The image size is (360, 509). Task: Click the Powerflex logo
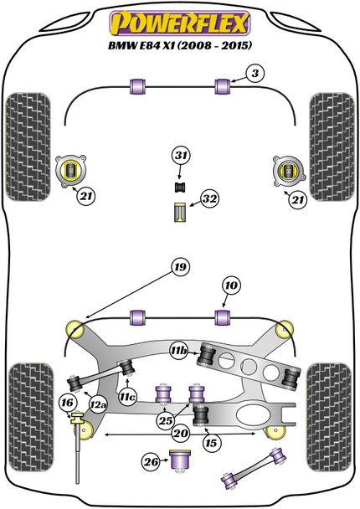180,18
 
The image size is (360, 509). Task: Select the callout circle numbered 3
256,74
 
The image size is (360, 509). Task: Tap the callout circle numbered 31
182,156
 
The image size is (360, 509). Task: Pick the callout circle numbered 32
209,199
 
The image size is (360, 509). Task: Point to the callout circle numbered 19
180,267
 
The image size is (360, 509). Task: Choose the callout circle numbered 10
231,286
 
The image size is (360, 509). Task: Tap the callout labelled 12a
98,405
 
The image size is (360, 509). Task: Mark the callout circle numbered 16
67,403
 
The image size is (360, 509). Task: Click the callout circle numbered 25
166,419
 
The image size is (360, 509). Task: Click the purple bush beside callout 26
179,460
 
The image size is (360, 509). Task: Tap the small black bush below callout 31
179,185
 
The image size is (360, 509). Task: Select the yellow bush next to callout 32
179,213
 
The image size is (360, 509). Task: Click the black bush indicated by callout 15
201,414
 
